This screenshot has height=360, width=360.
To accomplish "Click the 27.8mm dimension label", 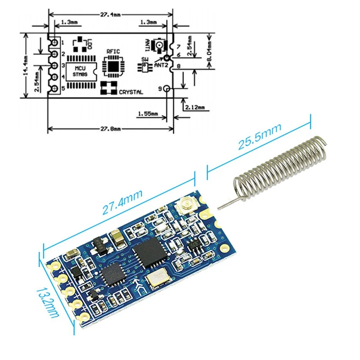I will tap(110, 129).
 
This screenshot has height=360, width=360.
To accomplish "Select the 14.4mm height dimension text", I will tap(27, 65).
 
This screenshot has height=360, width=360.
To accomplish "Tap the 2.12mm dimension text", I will tap(194, 107).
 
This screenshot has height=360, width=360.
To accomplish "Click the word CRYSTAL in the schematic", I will tap(131, 92).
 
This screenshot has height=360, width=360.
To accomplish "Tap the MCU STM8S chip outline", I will tap(81, 72).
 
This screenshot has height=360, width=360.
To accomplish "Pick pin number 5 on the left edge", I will tap(63, 89).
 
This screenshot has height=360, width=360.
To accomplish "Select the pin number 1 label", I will tap(63, 42).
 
